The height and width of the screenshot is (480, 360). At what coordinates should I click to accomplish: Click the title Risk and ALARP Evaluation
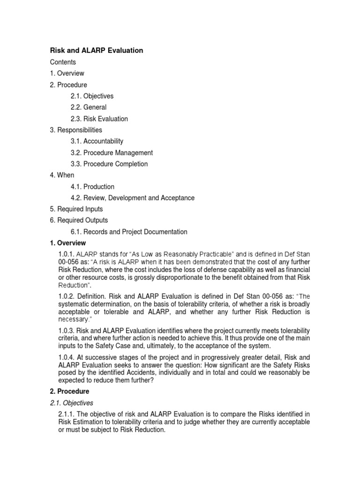[97, 50]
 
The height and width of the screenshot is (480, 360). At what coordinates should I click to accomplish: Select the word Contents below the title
[63, 62]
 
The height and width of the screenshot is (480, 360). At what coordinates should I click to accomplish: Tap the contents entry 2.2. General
[89, 107]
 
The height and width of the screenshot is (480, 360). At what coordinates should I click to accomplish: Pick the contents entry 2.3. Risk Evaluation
[99, 119]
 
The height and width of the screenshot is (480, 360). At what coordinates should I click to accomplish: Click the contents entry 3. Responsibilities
[76, 130]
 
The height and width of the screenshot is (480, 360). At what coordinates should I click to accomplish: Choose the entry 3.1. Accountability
[97, 141]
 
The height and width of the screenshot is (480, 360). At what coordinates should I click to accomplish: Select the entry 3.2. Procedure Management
[112, 153]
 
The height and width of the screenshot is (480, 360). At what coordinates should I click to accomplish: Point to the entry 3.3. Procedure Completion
[109, 164]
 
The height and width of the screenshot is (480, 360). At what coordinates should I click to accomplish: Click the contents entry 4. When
[62, 175]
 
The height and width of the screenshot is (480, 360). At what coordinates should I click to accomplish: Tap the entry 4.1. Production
[92, 187]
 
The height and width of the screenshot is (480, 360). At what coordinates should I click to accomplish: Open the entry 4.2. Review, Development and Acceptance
[133, 198]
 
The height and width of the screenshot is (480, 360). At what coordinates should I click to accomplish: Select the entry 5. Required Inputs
[76, 209]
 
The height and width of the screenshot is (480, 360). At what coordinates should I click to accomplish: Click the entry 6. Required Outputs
[79, 220]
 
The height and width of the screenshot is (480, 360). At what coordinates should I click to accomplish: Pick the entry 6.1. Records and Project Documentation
[129, 232]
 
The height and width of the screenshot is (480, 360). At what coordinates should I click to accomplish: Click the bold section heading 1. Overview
[68, 243]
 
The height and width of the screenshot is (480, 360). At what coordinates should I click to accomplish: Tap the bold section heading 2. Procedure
[69, 391]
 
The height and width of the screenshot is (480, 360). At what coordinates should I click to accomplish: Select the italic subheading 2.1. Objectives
[72, 403]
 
